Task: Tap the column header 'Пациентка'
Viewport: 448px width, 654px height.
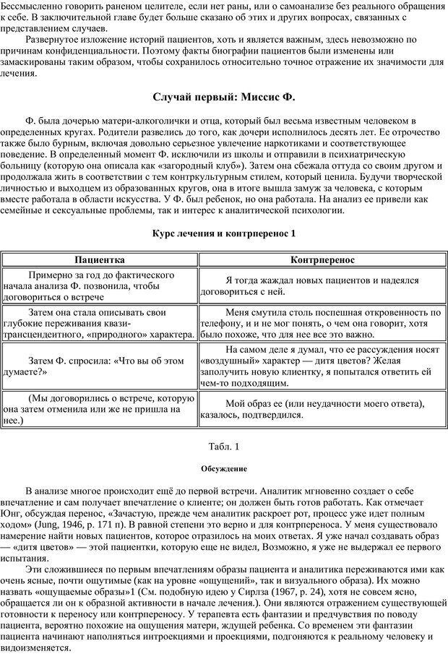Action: (100, 258)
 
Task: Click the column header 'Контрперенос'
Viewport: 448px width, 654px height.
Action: (322, 258)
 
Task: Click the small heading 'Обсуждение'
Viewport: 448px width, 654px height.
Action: (224, 468)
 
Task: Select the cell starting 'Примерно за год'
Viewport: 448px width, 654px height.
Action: (100, 286)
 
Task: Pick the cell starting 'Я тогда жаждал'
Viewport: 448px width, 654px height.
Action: (322, 286)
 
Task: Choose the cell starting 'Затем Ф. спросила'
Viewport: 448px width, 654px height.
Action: (100, 366)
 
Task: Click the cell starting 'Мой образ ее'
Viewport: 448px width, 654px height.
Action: (322, 409)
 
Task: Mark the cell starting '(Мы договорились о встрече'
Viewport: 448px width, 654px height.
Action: (100, 408)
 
